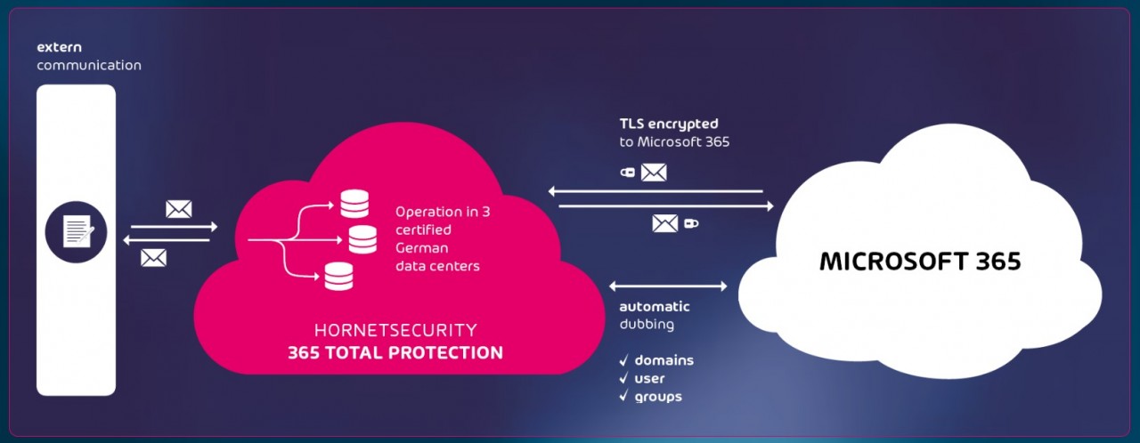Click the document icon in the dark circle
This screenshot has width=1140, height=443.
(x=77, y=232)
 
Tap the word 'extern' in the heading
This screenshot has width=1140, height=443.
(x=59, y=46)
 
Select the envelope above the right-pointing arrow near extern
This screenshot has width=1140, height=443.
(x=179, y=209)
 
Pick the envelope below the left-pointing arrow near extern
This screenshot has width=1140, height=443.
(x=154, y=257)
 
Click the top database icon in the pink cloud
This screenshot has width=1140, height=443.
(x=354, y=204)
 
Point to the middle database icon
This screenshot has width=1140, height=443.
(x=362, y=239)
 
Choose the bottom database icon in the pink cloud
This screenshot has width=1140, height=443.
(x=338, y=277)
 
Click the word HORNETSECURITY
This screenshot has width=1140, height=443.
(x=395, y=330)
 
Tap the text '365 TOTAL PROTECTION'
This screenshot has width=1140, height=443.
(x=395, y=352)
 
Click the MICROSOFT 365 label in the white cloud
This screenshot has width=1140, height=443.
(x=920, y=262)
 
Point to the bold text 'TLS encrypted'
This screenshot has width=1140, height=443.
(x=668, y=124)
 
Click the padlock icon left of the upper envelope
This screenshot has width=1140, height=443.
(x=627, y=173)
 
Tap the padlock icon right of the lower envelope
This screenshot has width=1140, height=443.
(x=690, y=224)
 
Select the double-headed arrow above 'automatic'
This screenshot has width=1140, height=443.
(x=668, y=286)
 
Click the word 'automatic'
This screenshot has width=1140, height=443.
(x=655, y=307)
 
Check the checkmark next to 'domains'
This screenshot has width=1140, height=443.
(x=624, y=360)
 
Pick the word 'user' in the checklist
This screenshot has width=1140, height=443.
(x=649, y=378)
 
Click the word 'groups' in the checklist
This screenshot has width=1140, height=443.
(x=658, y=397)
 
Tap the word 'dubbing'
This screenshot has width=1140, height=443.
(x=647, y=325)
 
